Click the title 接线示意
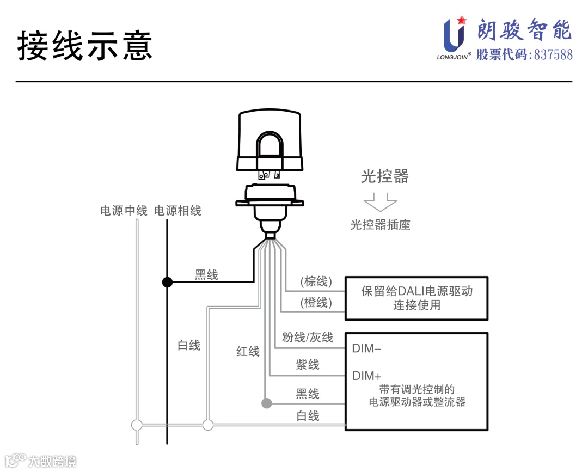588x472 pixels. point(85,45)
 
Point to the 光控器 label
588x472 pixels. point(384,176)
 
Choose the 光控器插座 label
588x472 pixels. point(380,224)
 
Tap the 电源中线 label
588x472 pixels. point(124,211)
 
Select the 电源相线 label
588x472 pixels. point(177,211)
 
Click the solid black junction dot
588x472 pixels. point(167,282)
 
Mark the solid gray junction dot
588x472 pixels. point(266,403)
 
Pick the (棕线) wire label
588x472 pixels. point(316,281)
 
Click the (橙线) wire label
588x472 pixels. point(316,303)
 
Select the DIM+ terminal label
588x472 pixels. point(367,376)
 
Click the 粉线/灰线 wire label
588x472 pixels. point(307,338)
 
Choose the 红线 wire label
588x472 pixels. point(248,352)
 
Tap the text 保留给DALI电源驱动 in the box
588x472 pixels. point(416,291)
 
